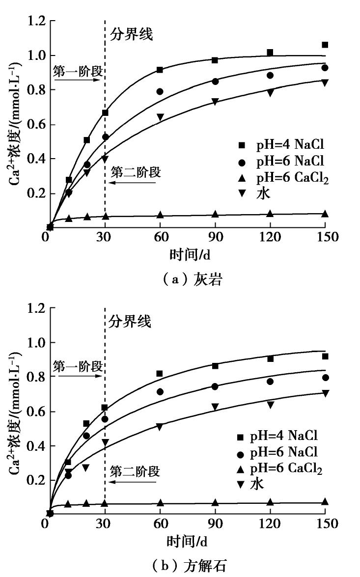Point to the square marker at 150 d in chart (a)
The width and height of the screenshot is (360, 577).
(x=325, y=45)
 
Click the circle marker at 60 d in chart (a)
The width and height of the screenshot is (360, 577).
(x=160, y=91)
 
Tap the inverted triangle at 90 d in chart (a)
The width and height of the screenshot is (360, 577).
(x=215, y=102)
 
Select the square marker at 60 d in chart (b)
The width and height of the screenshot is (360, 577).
(x=159, y=374)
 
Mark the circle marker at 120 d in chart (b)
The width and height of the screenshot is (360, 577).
(x=270, y=382)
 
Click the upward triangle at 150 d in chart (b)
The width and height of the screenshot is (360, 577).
(x=325, y=501)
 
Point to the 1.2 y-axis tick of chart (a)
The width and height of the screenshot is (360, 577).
(x=36, y=22)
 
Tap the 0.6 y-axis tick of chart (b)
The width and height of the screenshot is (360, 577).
(x=36, y=412)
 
